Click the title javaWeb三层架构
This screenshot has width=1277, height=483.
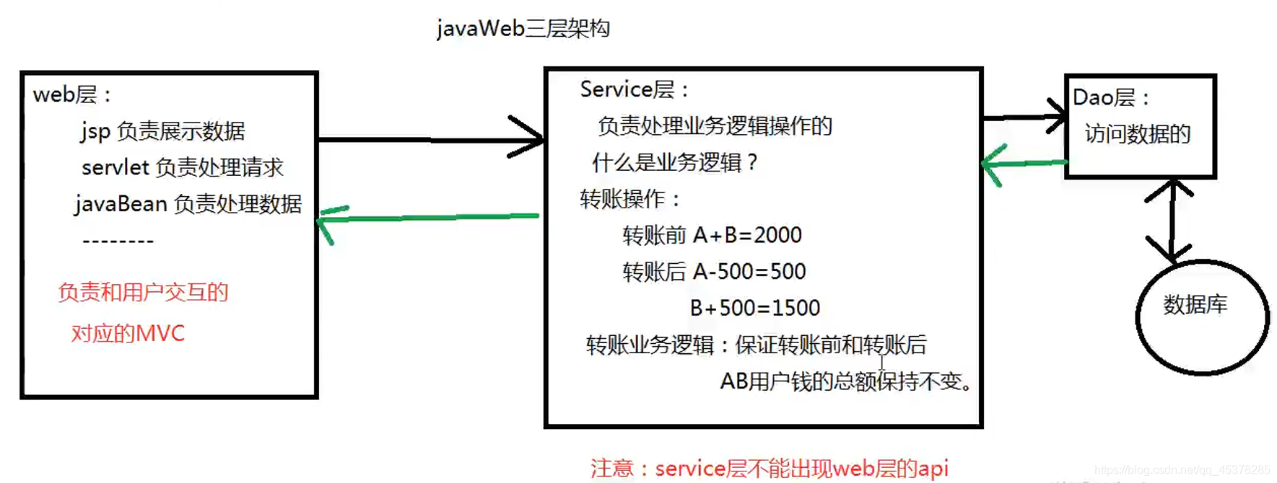[523, 29]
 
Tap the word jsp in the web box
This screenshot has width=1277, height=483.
[95, 131]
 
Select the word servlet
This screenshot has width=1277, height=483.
[115, 167]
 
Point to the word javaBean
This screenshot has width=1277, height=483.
[121, 204]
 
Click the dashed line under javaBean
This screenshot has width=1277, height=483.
[118, 241]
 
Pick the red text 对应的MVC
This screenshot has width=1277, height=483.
[128, 333]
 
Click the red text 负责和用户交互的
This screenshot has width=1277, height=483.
[143, 292]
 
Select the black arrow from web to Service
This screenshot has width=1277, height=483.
[431, 138]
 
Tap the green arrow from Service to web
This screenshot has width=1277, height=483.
[430, 217]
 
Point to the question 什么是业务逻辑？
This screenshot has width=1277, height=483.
[674, 162]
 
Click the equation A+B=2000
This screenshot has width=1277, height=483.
[747, 235]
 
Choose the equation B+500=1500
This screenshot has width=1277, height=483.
[754, 309]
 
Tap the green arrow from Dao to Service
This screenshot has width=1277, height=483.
[1024, 164]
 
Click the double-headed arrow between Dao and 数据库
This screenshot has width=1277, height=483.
[1171, 220]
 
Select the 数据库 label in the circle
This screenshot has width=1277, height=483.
[1195, 305]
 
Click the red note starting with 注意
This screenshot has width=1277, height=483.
[769, 469]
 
